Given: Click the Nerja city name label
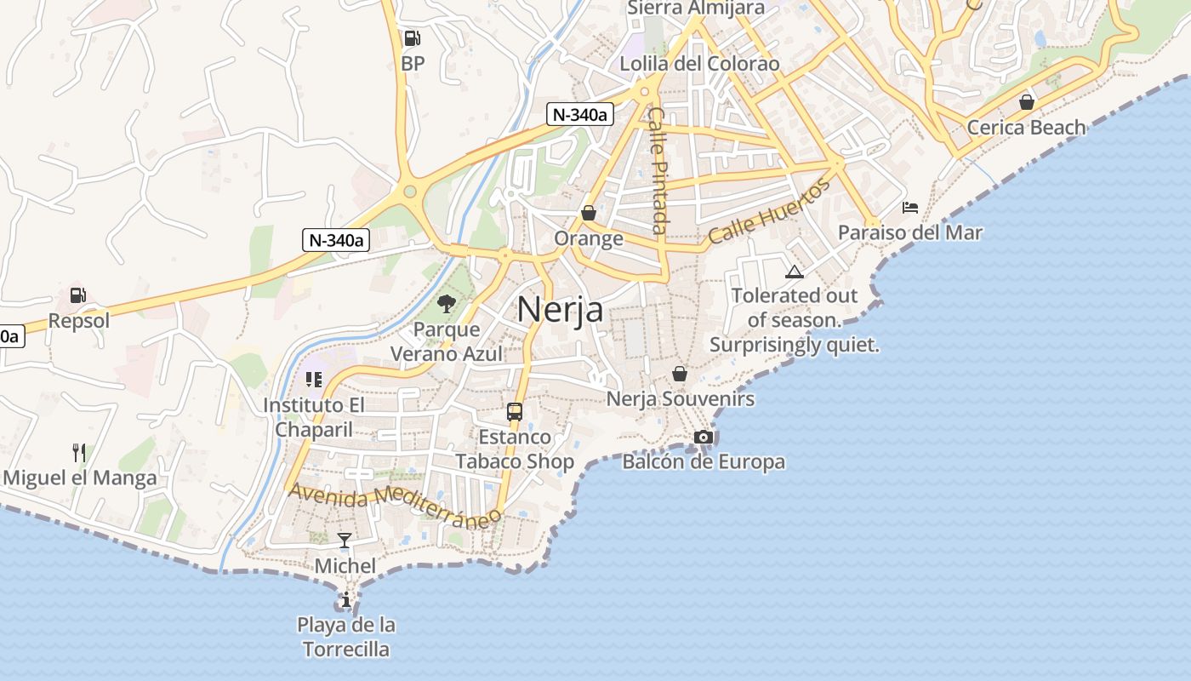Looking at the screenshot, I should tap(560, 309).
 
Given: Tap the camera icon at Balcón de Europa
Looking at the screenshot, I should tap(703, 437).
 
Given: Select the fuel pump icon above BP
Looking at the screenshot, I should tap(412, 37).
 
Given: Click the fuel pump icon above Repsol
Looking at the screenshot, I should tap(77, 295).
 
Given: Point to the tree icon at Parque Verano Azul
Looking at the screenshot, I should tap(446, 304).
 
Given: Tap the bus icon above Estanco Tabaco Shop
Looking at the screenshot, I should tap(514, 412).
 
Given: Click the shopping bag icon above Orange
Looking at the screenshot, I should tap(588, 212).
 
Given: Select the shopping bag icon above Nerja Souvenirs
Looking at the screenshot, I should tap(679, 373).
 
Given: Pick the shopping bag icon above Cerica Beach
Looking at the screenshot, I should tap(1026, 102).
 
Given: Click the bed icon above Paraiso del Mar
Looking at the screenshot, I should tap(909, 207).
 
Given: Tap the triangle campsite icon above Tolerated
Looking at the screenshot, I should tap(794, 272).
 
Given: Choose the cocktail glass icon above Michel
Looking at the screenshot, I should tap(345, 540).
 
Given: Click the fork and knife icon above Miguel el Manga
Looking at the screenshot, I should tap(79, 452).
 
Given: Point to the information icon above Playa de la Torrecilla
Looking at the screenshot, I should tap(345, 600).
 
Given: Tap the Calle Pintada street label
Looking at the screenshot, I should tap(657, 169).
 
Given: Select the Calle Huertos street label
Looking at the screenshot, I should tap(768, 212).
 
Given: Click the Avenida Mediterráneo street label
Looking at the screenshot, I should tap(394, 505).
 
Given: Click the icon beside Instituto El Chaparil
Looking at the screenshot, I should tap(313, 380).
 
